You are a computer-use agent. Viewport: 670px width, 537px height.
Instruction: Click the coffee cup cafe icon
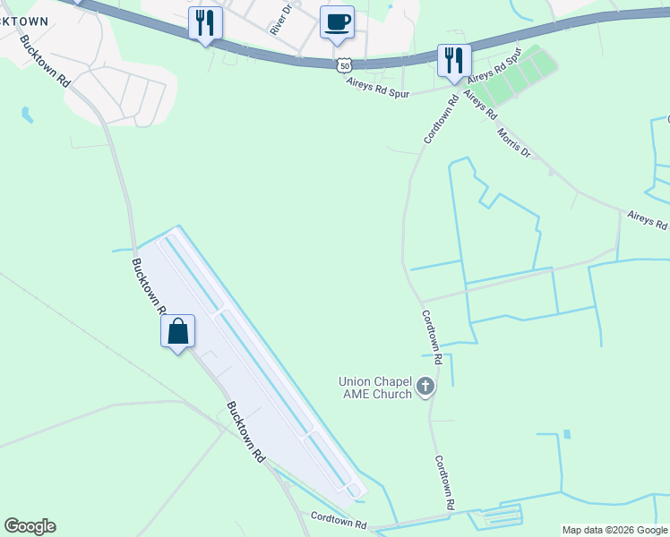(x=337, y=22)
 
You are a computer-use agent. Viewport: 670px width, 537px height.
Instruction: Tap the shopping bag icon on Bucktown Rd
(x=178, y=331)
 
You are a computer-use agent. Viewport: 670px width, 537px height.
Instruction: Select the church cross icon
(x=425, y=388)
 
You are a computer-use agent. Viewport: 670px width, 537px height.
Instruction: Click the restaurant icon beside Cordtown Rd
(x=454, y=61)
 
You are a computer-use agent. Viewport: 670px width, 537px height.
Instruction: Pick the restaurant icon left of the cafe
(x=205, y=23)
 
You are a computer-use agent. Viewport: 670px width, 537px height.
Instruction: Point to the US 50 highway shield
(x=345, y=64)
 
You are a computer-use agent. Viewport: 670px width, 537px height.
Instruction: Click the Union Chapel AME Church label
(x=374, y=388)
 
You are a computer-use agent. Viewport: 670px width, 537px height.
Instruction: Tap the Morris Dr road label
(x=513, y=142)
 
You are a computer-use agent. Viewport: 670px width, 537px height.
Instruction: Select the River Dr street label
(x=281, y=19)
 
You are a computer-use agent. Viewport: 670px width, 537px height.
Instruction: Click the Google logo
(x=30, y=526)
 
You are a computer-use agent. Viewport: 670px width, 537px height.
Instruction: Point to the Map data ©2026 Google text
(x=614, y=530)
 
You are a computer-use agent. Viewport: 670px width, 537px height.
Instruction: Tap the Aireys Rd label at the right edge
(x=647, y=219)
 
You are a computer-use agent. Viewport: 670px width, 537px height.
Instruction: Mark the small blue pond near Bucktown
(x=27, y=115)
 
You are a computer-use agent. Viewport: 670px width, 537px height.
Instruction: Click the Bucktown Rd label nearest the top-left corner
(x=45, y=61)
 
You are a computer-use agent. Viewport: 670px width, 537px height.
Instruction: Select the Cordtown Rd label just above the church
(x=433, y=337)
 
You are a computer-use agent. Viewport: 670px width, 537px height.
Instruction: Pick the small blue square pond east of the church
(x=566, y=435)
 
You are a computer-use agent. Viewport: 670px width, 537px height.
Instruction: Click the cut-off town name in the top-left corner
(x=23, y=21)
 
